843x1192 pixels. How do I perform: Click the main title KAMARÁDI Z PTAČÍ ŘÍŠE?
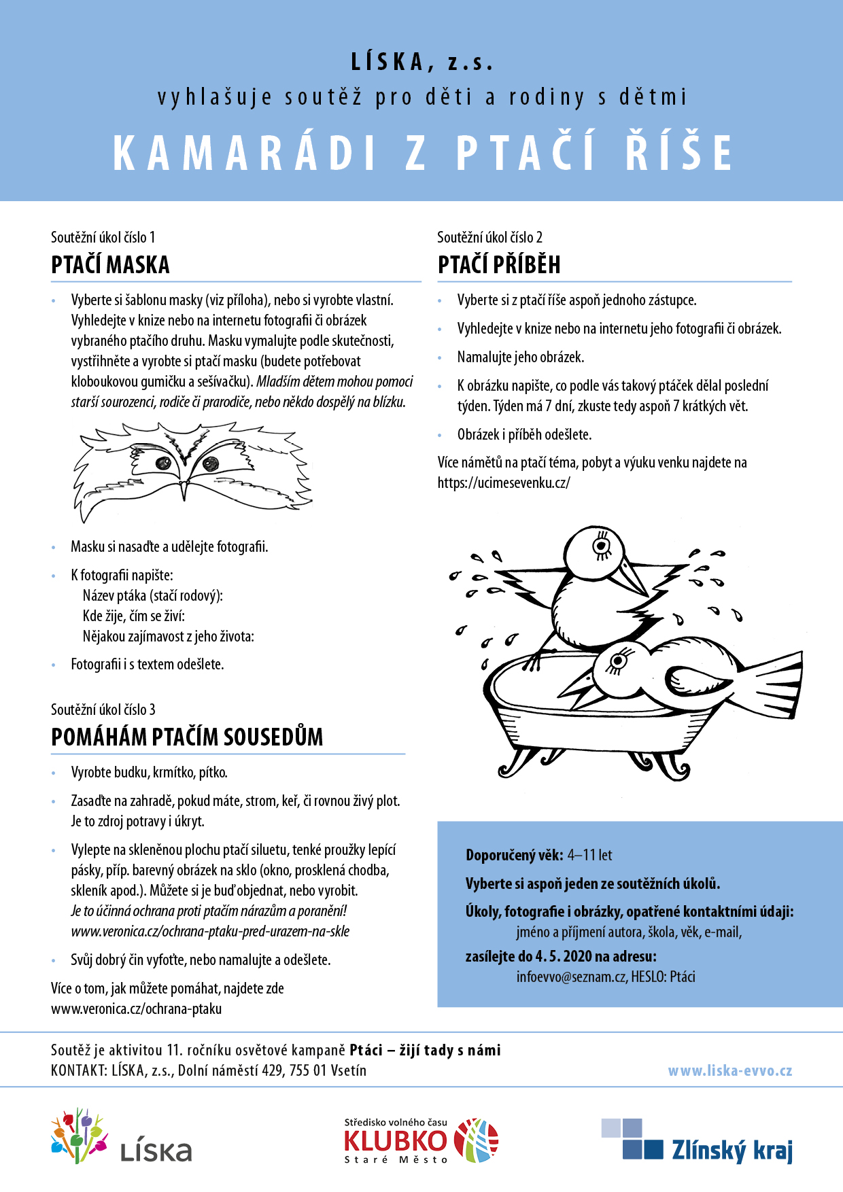pos(421,152)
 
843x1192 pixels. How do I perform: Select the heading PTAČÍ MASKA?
pos(110,264)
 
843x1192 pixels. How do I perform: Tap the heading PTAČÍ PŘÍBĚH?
pos(499,264)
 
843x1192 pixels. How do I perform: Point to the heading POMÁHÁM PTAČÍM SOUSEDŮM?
pos(187,737)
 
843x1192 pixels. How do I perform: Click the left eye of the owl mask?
pos(163,464)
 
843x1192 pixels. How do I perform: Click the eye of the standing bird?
pos(601,545)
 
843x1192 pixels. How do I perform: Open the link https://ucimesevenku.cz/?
pos(504,483)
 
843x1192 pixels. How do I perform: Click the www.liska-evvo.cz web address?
pos(729,1071)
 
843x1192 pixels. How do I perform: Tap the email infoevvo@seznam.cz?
pos(571,977)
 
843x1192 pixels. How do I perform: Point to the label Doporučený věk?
pos(514,855)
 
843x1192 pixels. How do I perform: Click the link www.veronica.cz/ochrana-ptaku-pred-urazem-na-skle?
pos(210,932)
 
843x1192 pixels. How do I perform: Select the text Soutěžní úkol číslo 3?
pos(103,709)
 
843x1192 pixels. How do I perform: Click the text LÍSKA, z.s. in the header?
pos(421,63)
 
